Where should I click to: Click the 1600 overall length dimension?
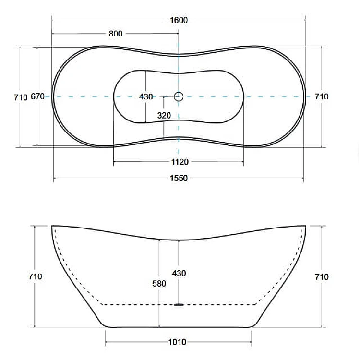(179, 20)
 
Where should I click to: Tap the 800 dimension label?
(116, 34)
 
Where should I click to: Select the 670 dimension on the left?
(37, 96)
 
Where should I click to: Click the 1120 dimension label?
(180, 162)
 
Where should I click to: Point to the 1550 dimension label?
(179, 178)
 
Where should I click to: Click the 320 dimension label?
(164, 115)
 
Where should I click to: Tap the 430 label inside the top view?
(146, 96)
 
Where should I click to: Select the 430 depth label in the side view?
(179, 273)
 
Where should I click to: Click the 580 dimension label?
(159, 284)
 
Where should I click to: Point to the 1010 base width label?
(177, 342)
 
